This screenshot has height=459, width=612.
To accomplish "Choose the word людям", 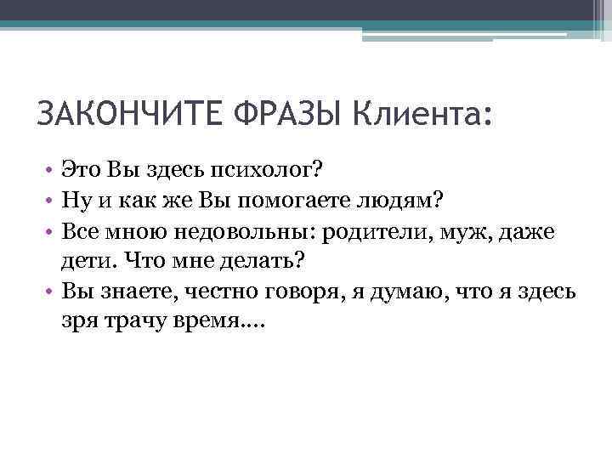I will pyautogui.click(x=409, y=201).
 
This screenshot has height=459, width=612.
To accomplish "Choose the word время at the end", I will pyautogui.click(x=230, y=320).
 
